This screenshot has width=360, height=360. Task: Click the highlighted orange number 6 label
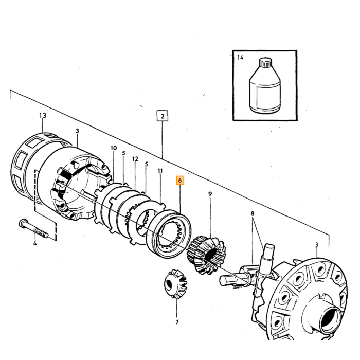180,181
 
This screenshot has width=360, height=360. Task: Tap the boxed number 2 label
163,116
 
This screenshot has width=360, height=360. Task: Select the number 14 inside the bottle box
240,57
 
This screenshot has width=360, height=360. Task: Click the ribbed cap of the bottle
265,62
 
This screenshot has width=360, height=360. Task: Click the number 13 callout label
43,115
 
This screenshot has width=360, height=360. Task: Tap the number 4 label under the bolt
35,243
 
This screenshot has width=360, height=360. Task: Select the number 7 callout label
177,322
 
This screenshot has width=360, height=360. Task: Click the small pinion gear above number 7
176,284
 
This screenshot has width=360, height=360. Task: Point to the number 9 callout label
210,194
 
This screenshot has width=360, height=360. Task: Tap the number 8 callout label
253,213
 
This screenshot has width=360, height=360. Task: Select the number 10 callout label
114,148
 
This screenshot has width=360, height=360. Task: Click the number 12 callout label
135,159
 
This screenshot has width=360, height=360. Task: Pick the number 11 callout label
160,171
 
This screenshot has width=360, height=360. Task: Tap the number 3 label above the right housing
317,245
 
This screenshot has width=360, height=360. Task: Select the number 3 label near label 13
77,131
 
